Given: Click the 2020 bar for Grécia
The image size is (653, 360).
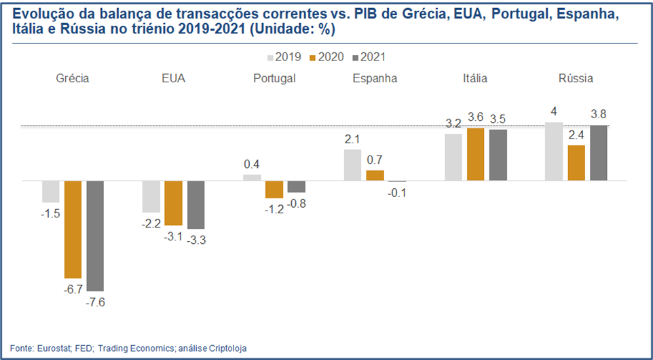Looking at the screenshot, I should [x=73, y=230].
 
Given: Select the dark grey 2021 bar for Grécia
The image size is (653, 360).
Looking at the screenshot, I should [x=95, y=236].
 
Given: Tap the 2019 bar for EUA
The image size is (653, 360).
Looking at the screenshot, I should [x=151, y=197].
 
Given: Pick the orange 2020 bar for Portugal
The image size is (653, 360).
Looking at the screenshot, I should [x=274, y=190].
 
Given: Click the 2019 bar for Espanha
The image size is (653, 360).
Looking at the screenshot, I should [x=352, y=165].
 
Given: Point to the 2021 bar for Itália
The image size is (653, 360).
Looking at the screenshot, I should [x=498, y=155].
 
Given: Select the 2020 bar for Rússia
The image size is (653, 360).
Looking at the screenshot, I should [x=576, y=163].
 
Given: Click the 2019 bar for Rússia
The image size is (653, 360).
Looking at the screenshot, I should [x=554, y=151].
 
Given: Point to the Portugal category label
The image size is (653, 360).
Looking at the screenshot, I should [x=274, y=78].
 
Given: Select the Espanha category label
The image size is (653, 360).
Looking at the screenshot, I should [x=375, y=78].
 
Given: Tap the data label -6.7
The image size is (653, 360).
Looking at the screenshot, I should [x=73, y=289].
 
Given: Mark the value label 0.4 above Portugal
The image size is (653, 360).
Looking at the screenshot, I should [x=252, y=164].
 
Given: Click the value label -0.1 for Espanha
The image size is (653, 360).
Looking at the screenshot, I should [x=398, y=192].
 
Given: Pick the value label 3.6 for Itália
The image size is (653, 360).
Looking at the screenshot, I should [x=475, y=117].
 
